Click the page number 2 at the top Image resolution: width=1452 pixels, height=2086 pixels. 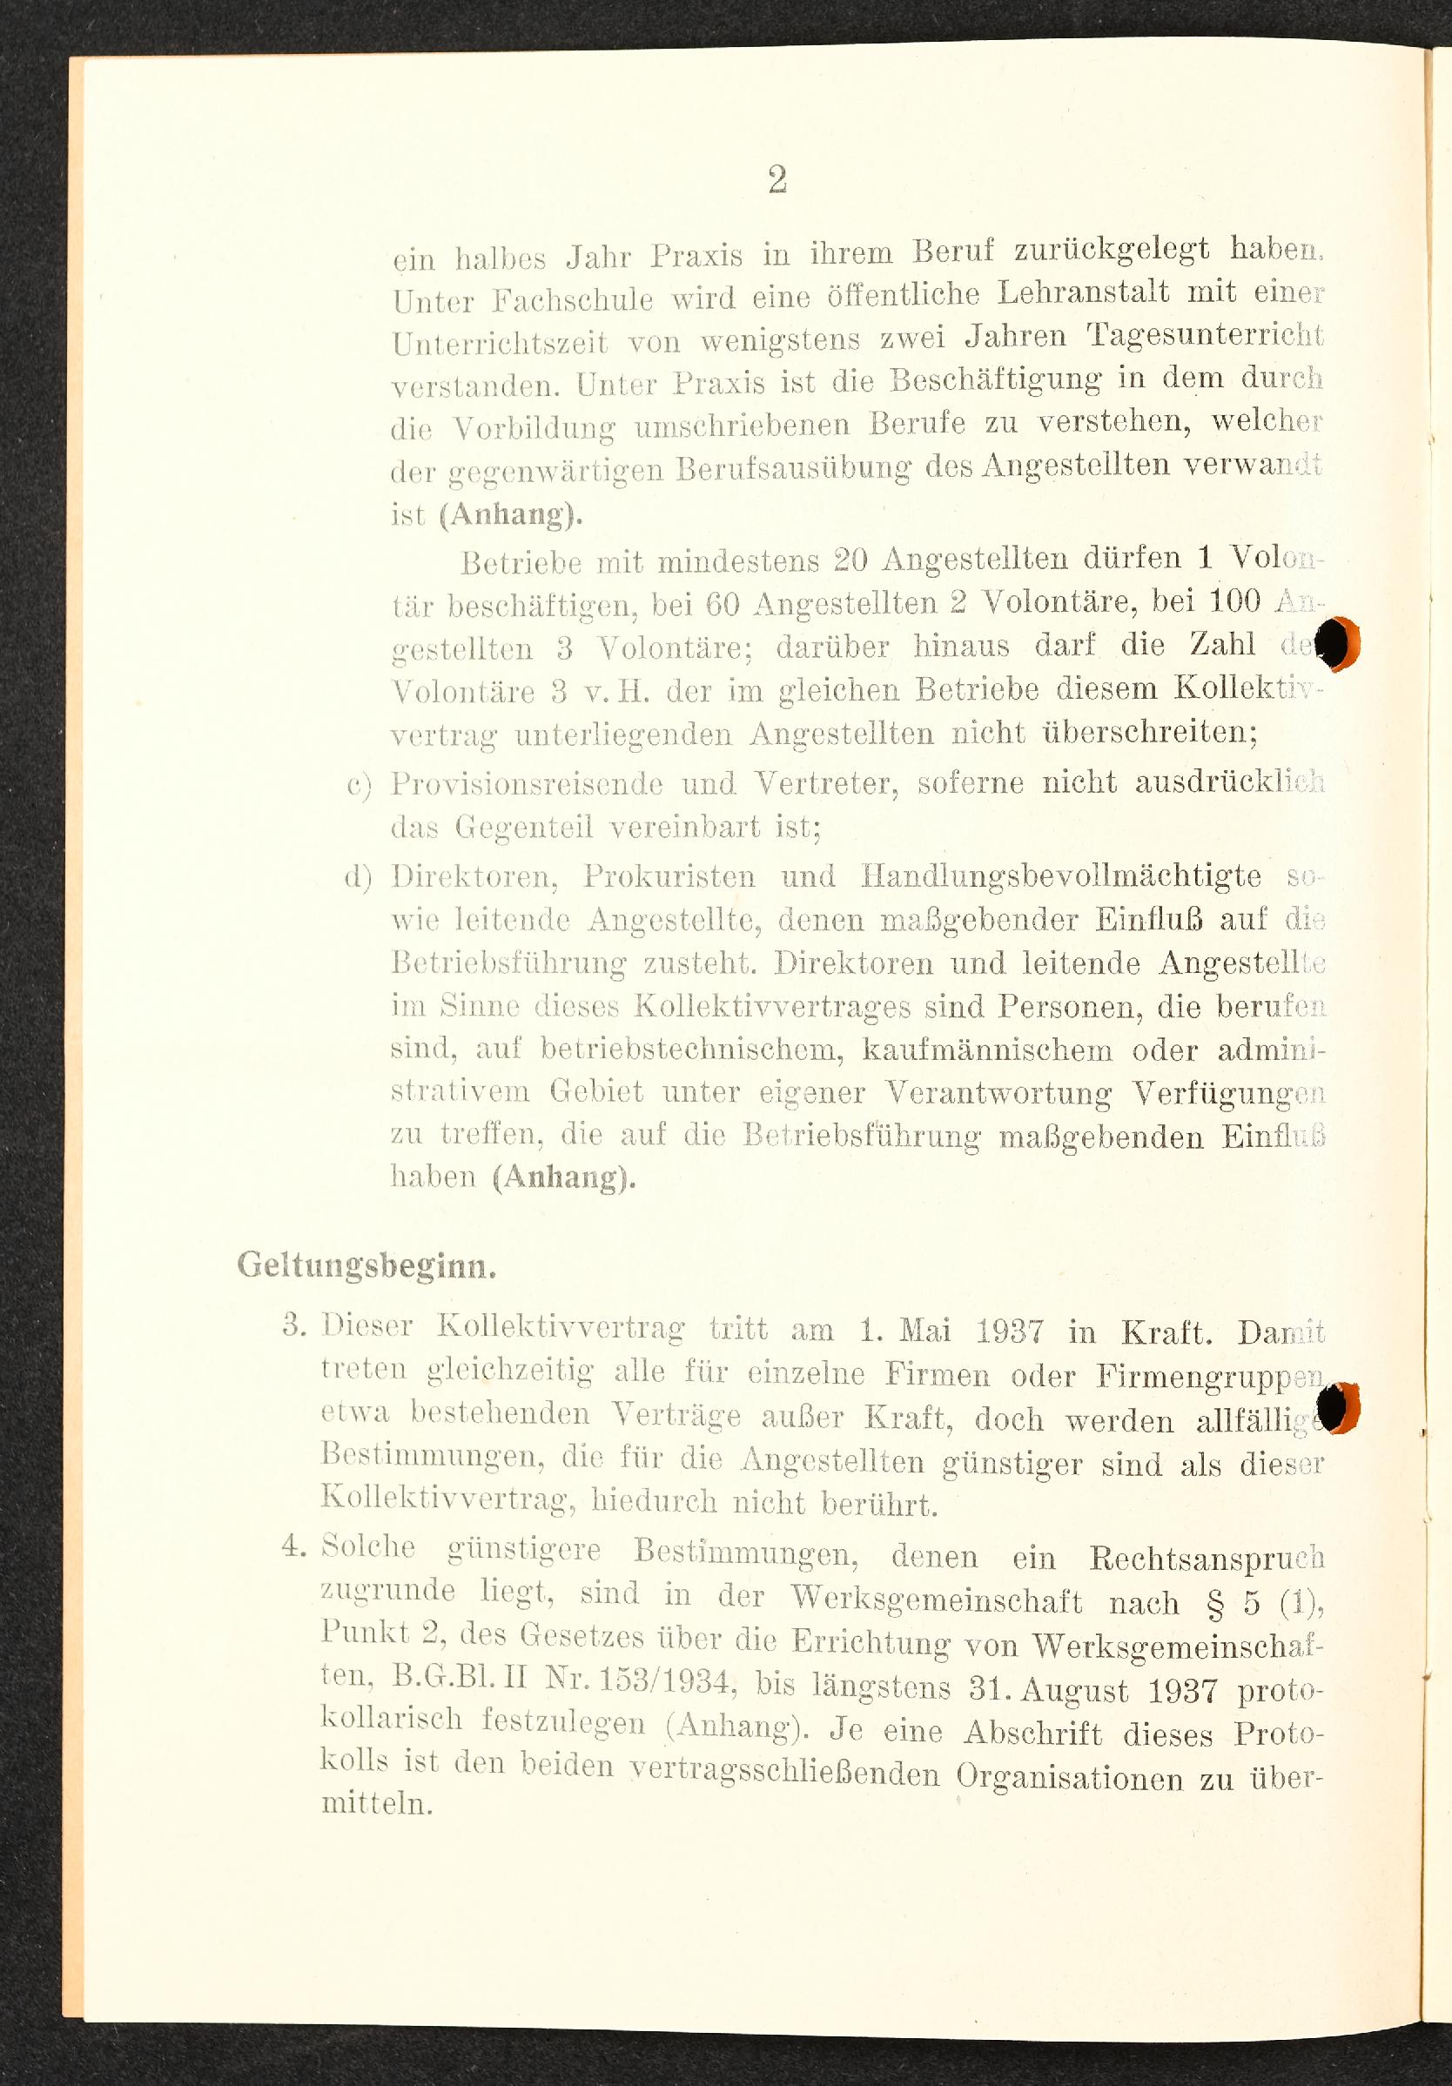776,180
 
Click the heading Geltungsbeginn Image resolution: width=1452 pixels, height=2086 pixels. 366,1265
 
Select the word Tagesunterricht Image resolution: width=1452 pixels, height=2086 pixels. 1205,336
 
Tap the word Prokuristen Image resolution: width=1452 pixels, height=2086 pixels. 669,876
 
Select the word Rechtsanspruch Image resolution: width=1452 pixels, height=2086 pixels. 1207,1558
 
